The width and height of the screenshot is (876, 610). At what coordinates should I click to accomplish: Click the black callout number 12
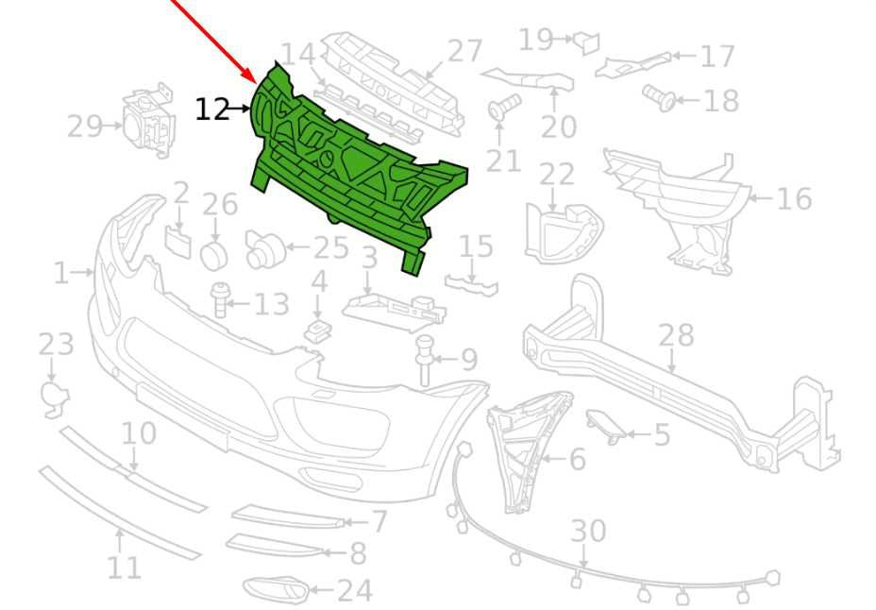pos(212,110)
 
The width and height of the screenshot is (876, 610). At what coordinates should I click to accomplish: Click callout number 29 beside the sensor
pos(84,127)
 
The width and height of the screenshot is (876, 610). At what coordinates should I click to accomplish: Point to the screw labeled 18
pos(659,98)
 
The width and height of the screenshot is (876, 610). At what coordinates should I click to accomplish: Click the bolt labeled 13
pos(219,299)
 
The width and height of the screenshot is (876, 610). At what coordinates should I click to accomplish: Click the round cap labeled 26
pos(214,256)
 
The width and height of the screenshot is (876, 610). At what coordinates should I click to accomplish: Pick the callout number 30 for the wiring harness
pos(588,531)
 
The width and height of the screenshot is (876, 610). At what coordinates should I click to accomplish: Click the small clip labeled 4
pos(318,331)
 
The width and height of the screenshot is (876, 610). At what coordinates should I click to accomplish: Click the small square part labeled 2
pos(177,243)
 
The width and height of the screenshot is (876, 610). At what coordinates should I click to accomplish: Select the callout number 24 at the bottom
pos(355,591)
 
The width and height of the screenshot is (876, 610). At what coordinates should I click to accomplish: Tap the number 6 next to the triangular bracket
pos(577,459)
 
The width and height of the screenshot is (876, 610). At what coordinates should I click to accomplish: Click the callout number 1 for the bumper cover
pos(61,274)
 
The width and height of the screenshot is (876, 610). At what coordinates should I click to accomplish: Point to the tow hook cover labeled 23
pos(56,398)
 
